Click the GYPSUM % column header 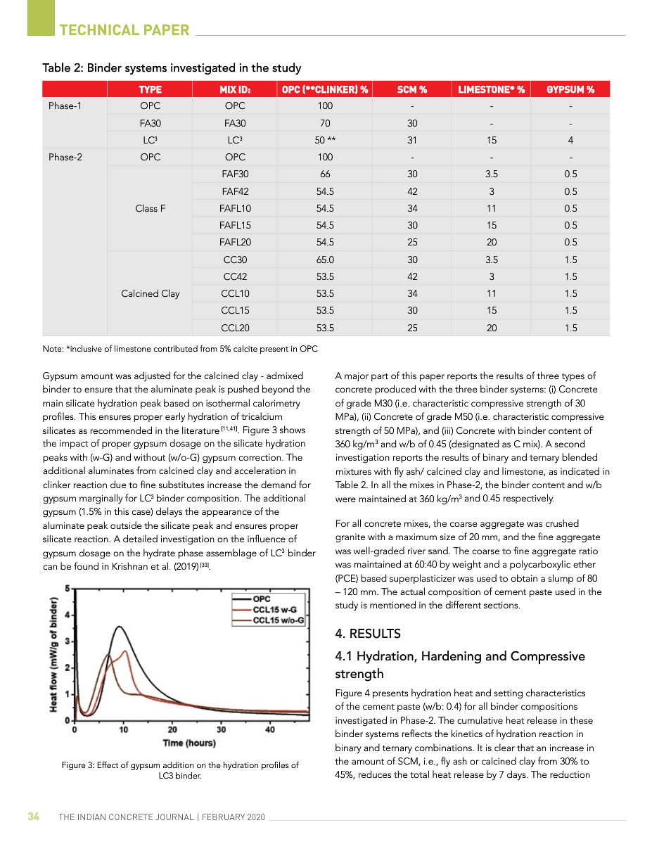pyautogui.click(x=570, y=89)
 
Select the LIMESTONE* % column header pyautogui.click(x=491, y=89)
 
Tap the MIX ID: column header pyautogui.click(x=235, y=89)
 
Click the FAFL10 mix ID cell pyautogui.click(x=235, y=208)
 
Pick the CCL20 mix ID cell pyautogui.click(x=235, y=328)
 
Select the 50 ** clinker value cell pyautogui.click(x=324, y=140)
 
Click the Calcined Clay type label pyautogui.click(x=150, y=293)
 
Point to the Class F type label pyautogui.click(x=150, y=208)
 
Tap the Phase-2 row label pyautogui.click(x=65, y=157)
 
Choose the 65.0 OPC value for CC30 pyautogui.click(x=324, y=260)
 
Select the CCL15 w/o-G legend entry pyautogui.click(x=278, y=620)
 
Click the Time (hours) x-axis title pyautogui.click(x=189, y=743)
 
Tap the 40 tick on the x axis pyautogui.click(x=270, y=729)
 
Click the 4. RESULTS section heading pyautogui.click(x=368, y=634)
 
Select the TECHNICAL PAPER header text pyautogui.click(x=124, y=30)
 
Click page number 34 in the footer pyautogui.click(x=33, y=817)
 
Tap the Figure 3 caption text pyautogui.click(x=180, y=770)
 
